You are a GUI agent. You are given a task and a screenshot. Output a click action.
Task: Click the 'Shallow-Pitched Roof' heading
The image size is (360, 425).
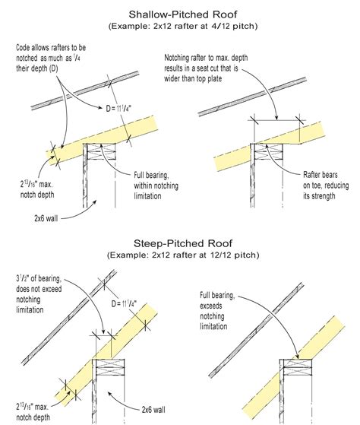183,14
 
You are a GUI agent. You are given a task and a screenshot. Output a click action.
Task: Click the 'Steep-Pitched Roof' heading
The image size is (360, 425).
183,243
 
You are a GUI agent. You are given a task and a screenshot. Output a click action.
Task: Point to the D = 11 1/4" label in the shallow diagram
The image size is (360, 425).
118,109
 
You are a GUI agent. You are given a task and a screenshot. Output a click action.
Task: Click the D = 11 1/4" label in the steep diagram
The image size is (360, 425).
124,303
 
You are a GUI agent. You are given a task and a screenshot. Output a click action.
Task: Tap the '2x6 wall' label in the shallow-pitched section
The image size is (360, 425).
46,218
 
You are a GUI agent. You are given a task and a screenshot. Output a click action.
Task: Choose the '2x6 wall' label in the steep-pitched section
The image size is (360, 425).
153,410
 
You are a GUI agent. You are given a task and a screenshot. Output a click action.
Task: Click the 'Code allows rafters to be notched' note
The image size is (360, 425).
51,58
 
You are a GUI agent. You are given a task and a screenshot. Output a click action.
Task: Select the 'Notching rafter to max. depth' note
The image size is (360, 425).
206,68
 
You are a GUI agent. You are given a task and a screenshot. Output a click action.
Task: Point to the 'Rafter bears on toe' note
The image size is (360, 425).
326,186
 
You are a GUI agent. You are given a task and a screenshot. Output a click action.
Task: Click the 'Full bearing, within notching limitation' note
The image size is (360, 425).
156,186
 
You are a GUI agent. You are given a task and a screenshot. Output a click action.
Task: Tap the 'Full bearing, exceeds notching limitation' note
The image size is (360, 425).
217,311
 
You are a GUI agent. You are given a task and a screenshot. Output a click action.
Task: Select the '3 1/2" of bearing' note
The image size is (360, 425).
39,294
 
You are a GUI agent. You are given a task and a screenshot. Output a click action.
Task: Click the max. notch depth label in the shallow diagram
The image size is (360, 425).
37,189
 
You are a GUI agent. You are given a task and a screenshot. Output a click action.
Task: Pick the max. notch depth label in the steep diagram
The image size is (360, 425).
33,412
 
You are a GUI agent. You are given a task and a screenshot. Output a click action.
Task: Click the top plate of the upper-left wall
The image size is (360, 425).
101,151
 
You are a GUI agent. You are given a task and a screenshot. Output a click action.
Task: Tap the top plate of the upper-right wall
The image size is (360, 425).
269,151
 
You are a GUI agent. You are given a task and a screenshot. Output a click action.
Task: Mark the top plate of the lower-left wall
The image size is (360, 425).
110,367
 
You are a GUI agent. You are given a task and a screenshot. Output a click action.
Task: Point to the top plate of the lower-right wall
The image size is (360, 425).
298,367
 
